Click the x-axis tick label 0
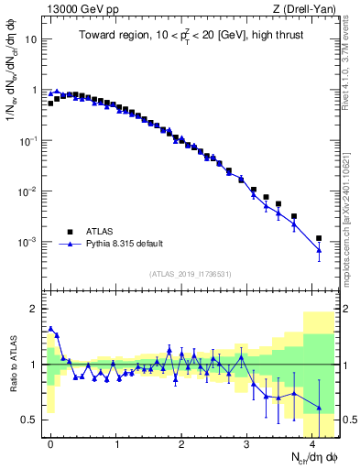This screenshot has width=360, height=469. point(50,442)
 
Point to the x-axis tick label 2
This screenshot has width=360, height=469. point(181,442)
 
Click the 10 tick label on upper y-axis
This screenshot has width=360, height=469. point(31,40)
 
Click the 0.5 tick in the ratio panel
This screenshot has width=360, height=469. point(30,420)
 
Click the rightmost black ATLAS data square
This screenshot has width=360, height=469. point(319,238)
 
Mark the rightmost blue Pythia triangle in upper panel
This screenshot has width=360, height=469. point(319,250)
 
